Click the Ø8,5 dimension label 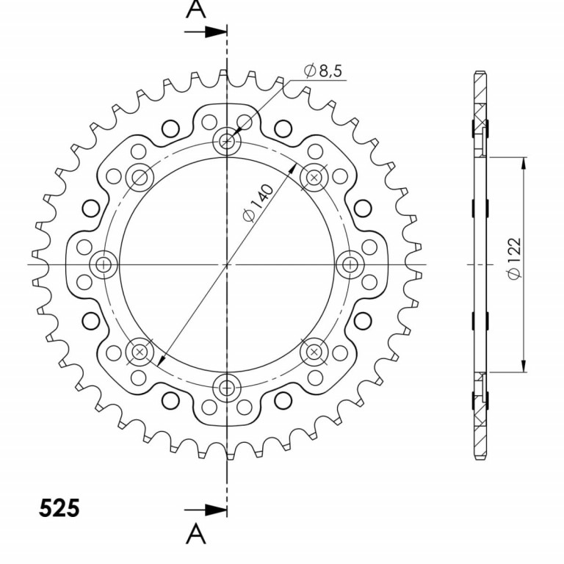pos(322,70)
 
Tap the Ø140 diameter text pos(258,203)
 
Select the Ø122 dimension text pos(514,258)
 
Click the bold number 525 pos(59,508)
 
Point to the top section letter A pos(196,9)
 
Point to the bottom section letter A pos(196,533)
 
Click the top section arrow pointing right pos(206,32)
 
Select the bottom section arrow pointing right pos(206,510)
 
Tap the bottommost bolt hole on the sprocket pos(227,388)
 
